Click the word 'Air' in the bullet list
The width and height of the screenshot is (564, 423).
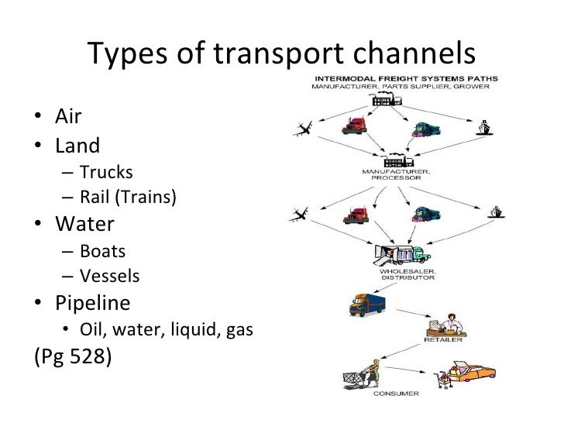(x=68, y=118)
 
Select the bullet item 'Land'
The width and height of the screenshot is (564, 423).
(x=77, y=145)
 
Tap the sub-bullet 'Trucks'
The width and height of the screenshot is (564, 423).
(x=107, y=172)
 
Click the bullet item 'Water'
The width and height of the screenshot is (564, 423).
(x=84, y=225)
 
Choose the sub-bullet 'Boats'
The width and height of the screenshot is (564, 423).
(x=102, y=251)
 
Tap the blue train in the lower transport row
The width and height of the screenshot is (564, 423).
(x=421, y=215)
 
